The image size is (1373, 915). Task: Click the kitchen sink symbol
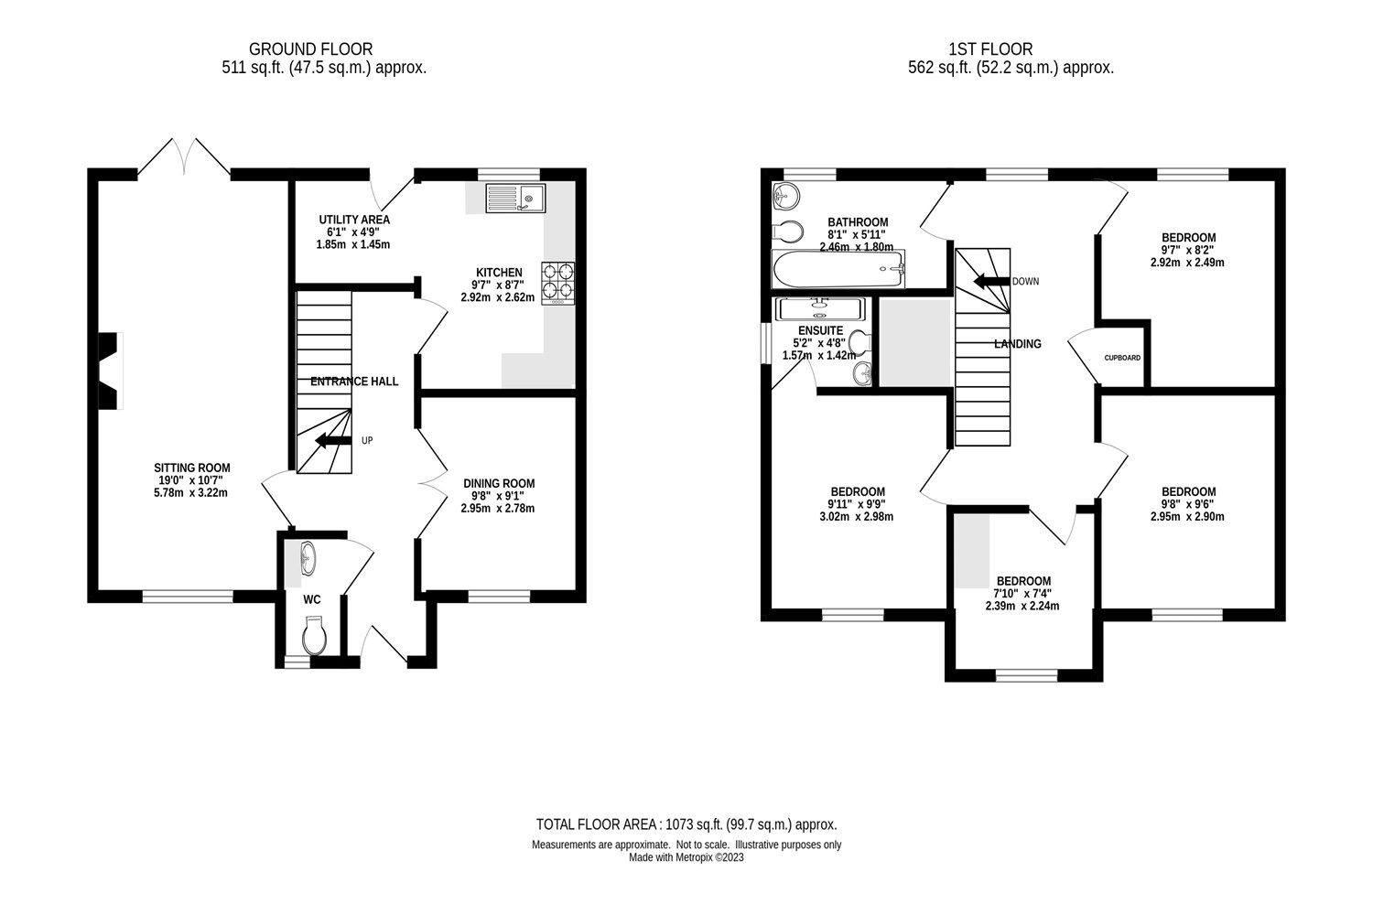click(x=515, y=197)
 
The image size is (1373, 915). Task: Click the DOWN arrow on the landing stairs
click(x=989, y=281)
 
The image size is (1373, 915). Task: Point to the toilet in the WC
click(x=314, y=635)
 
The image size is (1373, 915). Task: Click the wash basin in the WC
click(x=308, y=557)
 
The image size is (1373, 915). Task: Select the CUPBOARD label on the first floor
click(x=1122, y=358)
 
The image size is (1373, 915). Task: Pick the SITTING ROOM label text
click(x=191, y=468)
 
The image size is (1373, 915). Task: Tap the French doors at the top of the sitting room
click(x=184, y=156)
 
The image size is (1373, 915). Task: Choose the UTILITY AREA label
click(x=354, y=220)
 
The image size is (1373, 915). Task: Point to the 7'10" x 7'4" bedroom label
click(x=1023, y=593)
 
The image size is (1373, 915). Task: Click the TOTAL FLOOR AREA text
click(x=686, y=824)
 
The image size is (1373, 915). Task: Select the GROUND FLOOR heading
click(x=311, y=48)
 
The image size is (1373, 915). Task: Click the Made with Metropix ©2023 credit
click(x=686, y=858)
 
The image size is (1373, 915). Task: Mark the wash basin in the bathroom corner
click(x=785, y=195)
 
